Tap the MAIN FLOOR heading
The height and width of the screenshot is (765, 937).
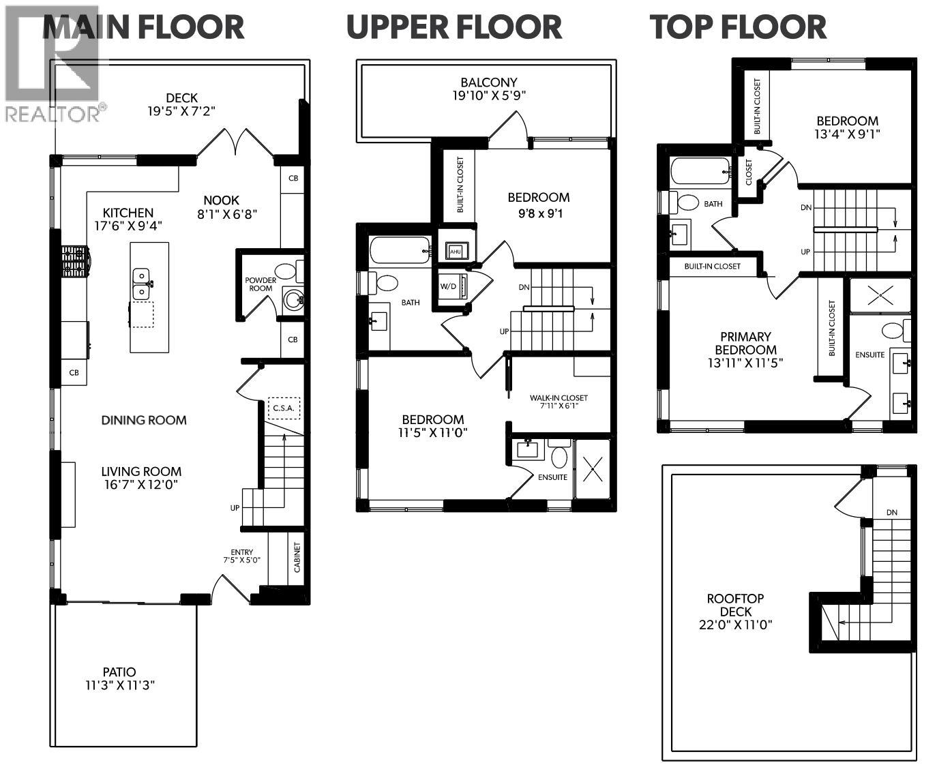pyautogui.click(x=143, y=27)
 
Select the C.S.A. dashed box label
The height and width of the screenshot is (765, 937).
pyautogui.click(x=284, y=408)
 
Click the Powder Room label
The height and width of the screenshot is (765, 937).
pyautogui.click(x=261, y=284)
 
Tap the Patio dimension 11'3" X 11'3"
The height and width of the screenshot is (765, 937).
pyautogui.click(x=119, y=685)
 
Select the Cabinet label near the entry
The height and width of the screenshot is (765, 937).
pyautogui.click(x=296, y=558)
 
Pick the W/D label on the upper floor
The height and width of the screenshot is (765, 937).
pyautogui.click(x=449, y=286)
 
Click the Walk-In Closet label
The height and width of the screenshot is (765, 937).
pyautogui.click(x=559, y=398)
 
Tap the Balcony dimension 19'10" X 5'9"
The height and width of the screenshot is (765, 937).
pyautogui.click(x=488, y=95)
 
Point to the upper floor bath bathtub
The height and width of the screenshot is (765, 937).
pyautogui.click(x=401, y=250)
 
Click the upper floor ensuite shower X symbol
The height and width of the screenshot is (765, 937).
pyautogui.click(x=594, y=469)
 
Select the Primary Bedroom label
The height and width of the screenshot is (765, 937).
pyautogui.click(x=745, y=343)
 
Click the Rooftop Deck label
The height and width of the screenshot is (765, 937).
pyautogui.click(x=735, y=605)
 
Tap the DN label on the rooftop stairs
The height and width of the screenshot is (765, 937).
pyautogui.click(x=892, y=512)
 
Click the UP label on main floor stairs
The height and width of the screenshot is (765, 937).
pyautogui.click(x=235, y=508)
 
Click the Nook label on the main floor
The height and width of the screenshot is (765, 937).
pyautogui.click(x=222, y=200)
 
